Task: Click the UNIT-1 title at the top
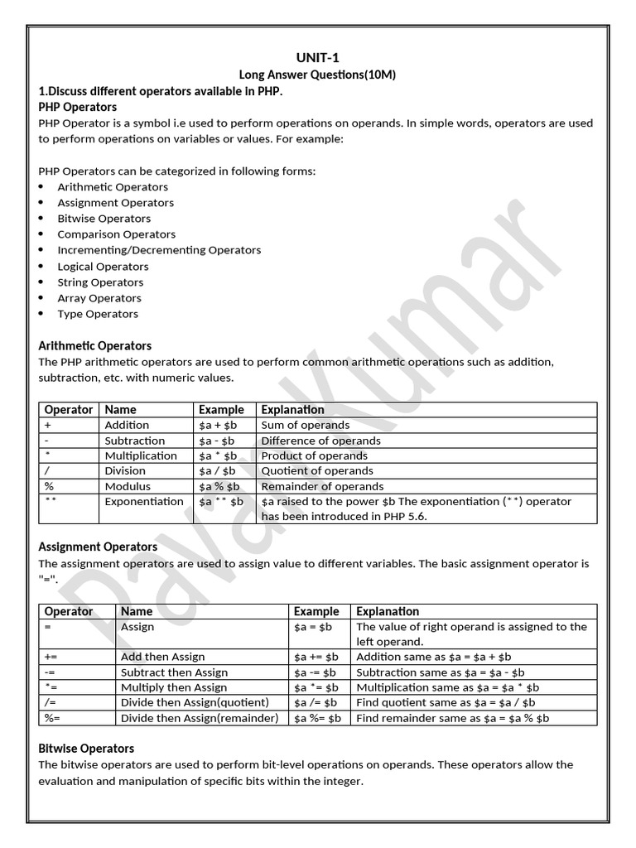317,57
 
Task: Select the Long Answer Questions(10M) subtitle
317,75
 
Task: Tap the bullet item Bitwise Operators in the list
104,219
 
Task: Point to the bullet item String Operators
100,282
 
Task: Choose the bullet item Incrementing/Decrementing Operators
159,250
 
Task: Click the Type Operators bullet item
98,314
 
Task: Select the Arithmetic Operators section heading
95,345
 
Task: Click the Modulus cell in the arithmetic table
128,486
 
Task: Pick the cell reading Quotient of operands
317,471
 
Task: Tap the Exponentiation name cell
144,502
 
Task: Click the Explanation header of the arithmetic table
292,409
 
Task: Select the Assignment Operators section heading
98,547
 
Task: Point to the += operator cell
51,657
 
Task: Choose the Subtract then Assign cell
174,672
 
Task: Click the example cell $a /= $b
316,703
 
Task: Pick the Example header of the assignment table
316,611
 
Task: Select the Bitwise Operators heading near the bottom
86,748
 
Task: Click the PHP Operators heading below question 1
78,107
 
